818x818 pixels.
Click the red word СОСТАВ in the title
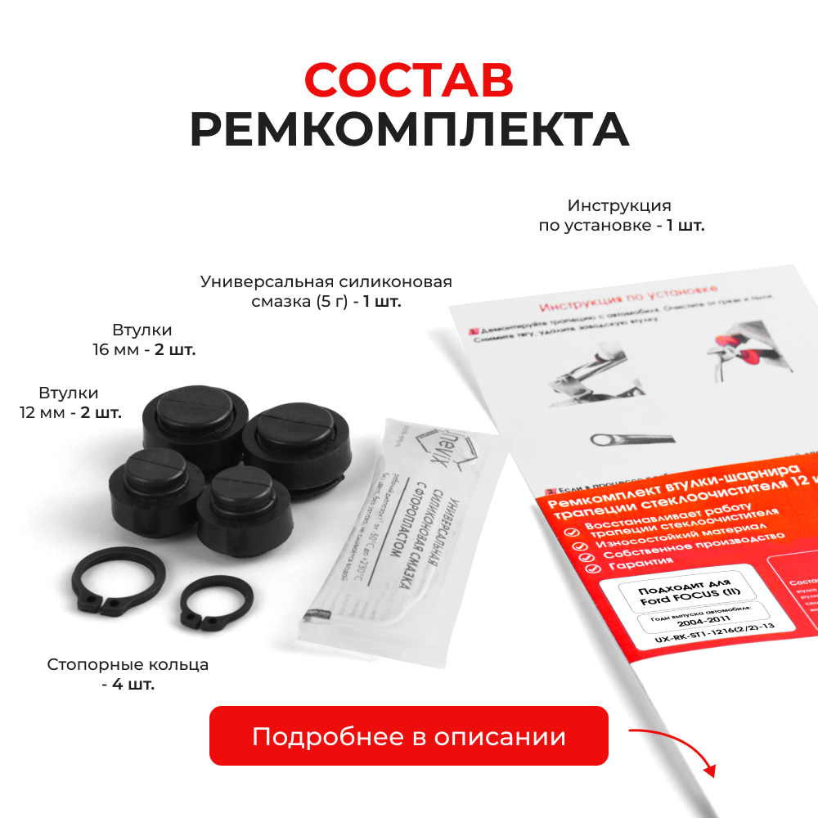(x=409, y=80)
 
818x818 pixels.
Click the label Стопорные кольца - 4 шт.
(x=128, y=674)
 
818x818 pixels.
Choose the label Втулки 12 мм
(x=70, y=402)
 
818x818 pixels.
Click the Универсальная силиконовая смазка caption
(x=326, y=291)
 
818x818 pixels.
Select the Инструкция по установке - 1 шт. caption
(x=621, y=215)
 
